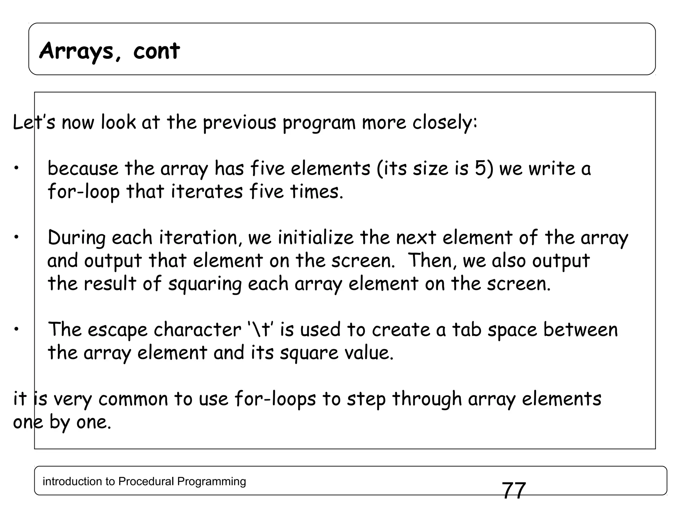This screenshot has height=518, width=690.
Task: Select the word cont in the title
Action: point(156,51)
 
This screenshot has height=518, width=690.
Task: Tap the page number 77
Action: point(514,491)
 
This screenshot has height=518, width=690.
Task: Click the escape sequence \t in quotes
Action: point(261,329)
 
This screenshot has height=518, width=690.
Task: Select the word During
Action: point(76,238)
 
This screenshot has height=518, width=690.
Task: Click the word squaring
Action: point(205,284)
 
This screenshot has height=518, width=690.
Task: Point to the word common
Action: point(133,399)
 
